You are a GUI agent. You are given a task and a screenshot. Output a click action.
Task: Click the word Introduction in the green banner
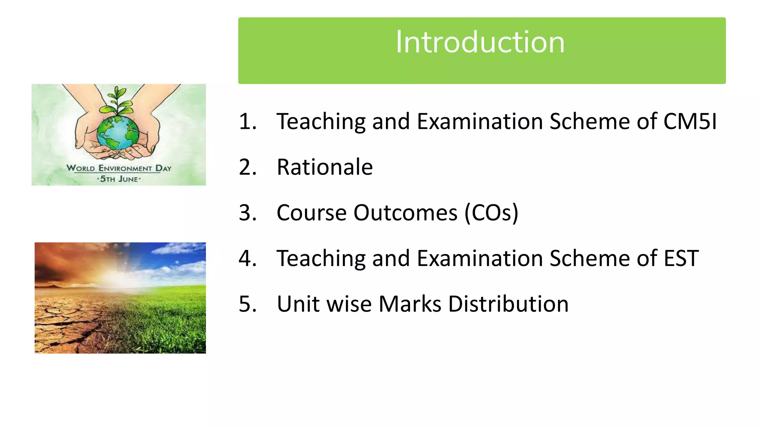tap(480, 42)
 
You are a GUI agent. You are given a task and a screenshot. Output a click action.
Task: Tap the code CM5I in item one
tap(690, 121)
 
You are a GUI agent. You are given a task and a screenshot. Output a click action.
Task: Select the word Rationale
tap(325, 167)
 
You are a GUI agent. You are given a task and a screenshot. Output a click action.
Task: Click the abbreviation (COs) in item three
tap(491, 213)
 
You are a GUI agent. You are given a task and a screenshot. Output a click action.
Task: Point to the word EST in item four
tap(681, 259)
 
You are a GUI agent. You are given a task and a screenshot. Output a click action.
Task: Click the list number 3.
tap(248, 213)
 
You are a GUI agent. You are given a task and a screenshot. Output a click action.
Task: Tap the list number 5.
tap(248, 304)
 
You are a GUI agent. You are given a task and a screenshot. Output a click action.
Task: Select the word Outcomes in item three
tap(405, 213)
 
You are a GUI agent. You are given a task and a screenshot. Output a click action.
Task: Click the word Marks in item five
tap(410, 304)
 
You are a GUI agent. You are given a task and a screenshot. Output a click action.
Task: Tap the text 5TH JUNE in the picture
tap(119, 179)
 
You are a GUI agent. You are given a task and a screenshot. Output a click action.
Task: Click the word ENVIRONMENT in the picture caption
tap(125, 168)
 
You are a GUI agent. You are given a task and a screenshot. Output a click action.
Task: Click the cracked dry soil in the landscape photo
tap(67, 327)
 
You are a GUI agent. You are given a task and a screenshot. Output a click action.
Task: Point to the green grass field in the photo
tap(171, 320)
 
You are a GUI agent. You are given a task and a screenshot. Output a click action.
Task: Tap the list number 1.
tap(248, 121)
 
